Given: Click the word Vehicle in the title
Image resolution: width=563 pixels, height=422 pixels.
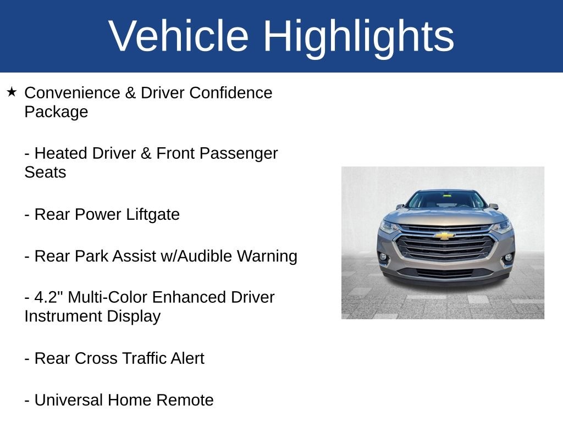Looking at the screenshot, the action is point(179,36).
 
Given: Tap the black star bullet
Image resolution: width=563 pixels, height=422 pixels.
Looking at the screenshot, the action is point(12,92).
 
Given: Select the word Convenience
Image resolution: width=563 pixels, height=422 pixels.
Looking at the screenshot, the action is point(72,92).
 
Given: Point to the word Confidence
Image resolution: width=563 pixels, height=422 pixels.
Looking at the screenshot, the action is point(231,92).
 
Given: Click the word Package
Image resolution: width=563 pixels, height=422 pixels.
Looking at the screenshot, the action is point(57,112).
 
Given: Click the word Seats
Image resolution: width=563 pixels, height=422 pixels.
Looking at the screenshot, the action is point(45,172).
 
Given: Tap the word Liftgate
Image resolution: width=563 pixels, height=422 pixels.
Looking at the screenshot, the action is point(153,215).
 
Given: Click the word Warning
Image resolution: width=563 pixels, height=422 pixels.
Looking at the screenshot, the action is point(267,257).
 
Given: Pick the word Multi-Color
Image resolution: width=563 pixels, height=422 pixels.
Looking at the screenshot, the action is point(107,297).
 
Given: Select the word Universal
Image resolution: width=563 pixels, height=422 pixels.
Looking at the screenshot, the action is point(69,400).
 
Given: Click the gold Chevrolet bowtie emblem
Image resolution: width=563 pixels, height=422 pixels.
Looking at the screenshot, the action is point(444,235).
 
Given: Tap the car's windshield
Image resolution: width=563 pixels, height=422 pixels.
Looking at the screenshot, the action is point(445,200).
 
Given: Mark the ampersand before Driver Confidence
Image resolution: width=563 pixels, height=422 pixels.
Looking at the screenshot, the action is point(130,92).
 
